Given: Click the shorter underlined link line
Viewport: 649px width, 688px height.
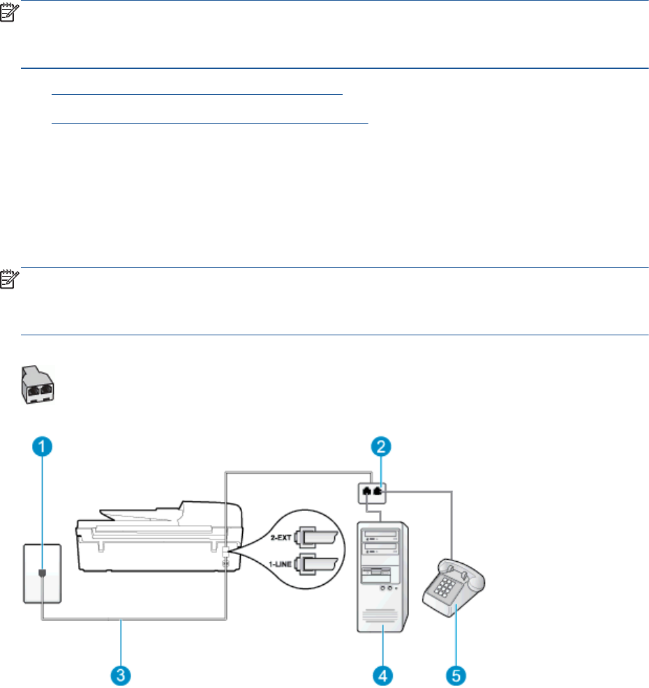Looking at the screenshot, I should coord(198,93).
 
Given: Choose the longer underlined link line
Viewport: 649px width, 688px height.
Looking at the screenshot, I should coord(210,122).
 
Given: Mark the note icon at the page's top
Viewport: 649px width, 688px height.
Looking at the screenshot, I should coord(10,10).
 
